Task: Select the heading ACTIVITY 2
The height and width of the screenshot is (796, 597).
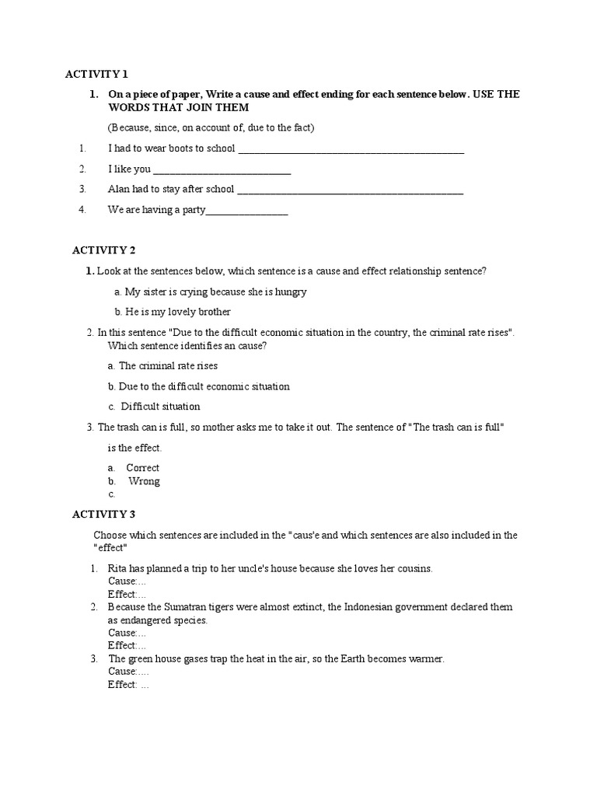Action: pos(104,250)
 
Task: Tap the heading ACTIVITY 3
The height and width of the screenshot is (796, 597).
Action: pos(104,514)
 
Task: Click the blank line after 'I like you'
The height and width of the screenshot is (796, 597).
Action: pos(222,169)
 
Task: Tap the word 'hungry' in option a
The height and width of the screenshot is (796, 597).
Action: pos(290,292)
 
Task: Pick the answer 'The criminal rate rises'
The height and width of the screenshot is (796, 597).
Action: pos(168,365)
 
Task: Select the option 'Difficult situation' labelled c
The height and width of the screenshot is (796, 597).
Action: pos(160,407)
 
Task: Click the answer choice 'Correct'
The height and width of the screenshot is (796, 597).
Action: pos(143,468)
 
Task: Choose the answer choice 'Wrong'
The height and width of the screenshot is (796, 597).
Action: pos(145,481)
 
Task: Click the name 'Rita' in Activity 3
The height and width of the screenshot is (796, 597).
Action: pos(117,568)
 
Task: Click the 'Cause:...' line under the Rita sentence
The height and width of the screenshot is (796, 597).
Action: pos(127,581)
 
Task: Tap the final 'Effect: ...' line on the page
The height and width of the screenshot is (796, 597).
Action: pos(128,685)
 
